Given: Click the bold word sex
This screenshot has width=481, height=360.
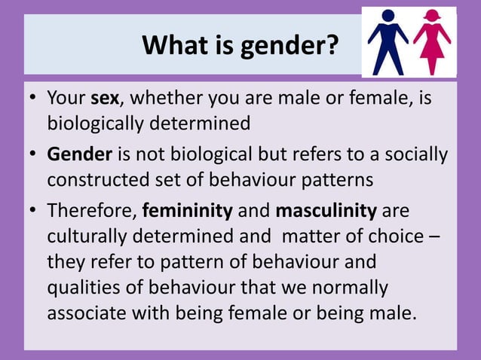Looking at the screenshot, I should [x=104, y=99].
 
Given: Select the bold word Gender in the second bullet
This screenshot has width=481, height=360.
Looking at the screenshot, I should [x=79, y=155].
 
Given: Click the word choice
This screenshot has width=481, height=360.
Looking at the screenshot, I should [x=402, y=236].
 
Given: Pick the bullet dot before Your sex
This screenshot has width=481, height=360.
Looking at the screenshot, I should [x=32, y=99].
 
